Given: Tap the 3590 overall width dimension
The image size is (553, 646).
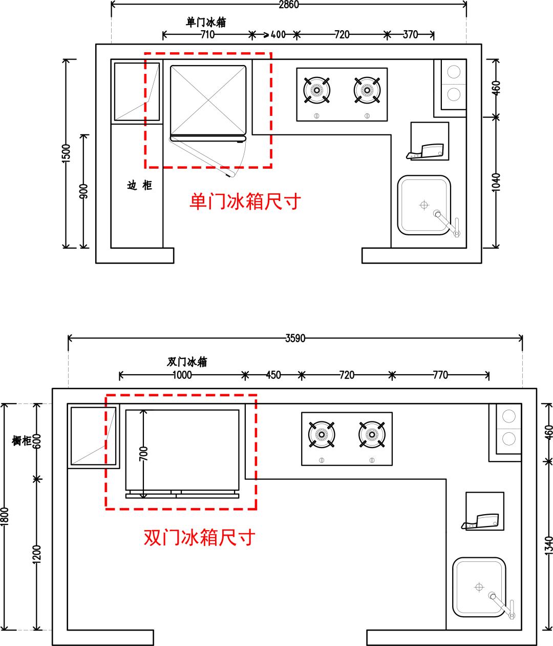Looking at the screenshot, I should pyautogui.click(x=295, y=338).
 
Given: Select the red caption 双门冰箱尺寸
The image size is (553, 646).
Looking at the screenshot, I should pyautogui.click(x=200, y=538).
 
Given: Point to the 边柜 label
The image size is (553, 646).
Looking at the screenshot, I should pyautogui.click(x=140, y=186).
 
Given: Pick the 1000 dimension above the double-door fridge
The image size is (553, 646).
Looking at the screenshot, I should pyautogui.click(x=182, y=375).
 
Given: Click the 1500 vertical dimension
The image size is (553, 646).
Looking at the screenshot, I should pyautogui.click(x=66, y=153).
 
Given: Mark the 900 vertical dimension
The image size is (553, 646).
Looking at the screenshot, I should pyautogui.click(x=84, y=191).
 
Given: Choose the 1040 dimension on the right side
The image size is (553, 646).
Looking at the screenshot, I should pyautogui.click(x=496, y=183).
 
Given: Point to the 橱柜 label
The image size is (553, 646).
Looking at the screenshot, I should pyautogui.click(x=22, y=440).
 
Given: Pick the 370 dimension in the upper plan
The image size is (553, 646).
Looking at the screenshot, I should pyautogui.click(x=410, y=35).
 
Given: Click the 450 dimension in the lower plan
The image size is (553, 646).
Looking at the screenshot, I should pyautogui.click(x=273, y=375).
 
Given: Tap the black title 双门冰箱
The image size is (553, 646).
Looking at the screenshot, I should pyautogui.click(x=187, y=361).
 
